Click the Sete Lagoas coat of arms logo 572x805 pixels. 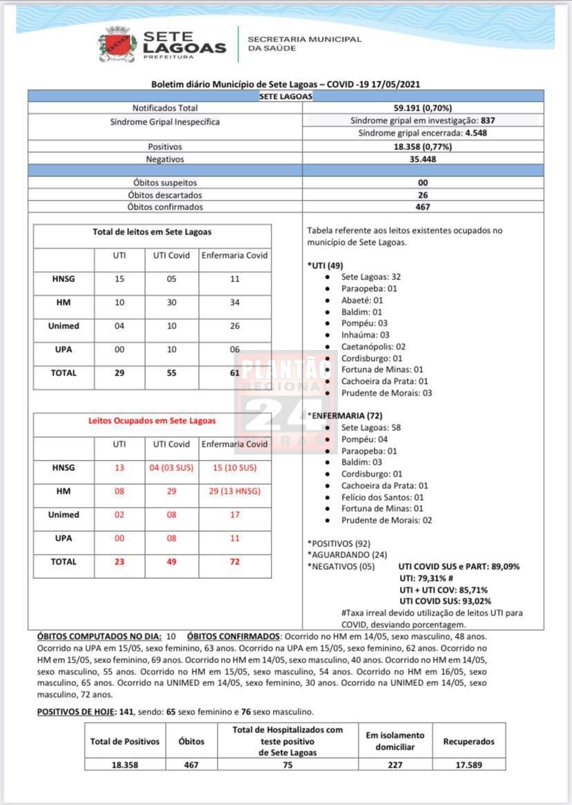(x=117, y=44)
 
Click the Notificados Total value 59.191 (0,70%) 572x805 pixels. (x=423, y=108)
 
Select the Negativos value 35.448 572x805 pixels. (x=423, y=159)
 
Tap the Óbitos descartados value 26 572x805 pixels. (x=423, y=195)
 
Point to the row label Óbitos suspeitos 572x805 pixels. (x=165, y=183)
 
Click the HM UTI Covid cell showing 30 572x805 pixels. (x=171, y=302)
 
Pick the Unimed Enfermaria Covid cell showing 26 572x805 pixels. (x=235, y=326)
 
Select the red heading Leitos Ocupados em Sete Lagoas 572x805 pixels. (x=152, y=420)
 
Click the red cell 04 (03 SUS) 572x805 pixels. (x=171, y=468)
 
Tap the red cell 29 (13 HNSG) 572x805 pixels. (x=235, y=491)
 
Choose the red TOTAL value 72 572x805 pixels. (x=235, y=562)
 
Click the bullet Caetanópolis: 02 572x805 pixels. (x=373, y=346)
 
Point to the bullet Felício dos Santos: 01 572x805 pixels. (x=382, y=497)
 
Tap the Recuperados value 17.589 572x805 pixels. (x=469, y=765)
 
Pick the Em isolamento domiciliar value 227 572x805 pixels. (x=396, y=765)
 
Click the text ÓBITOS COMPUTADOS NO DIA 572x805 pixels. (x=99, y=636)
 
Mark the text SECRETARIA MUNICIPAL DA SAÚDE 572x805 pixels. (x=304, y=44)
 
